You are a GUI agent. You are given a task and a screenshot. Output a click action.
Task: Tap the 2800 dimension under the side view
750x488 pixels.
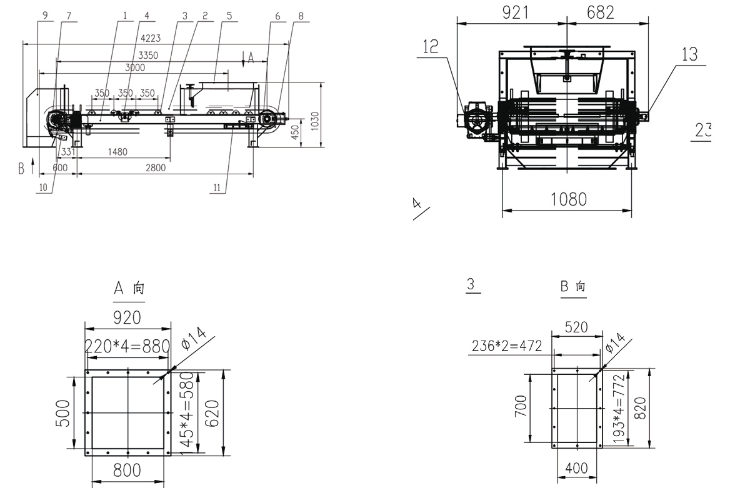coord(156,167)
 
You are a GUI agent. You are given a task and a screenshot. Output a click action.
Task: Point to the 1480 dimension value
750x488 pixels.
coord(117,151)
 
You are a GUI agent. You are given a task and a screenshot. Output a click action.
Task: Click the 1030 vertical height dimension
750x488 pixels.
coord(315,118)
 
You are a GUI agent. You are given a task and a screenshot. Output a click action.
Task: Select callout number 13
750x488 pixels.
coord(689,54)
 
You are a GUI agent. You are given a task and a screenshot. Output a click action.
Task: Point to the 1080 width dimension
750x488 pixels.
coord(569,199)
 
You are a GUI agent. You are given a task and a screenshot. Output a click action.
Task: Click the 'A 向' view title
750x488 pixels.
coord(129,288)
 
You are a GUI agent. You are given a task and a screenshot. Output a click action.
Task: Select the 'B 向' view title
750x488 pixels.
coord(573,287)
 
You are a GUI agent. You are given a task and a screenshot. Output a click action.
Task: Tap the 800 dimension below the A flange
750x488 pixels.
coord(127,469)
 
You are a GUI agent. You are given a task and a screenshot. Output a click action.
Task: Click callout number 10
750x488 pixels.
coord(42,186)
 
